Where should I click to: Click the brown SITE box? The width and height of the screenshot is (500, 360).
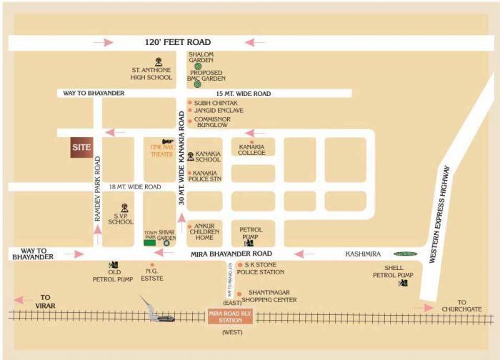point(80,149)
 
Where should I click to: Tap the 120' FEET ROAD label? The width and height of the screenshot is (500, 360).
point(179,43)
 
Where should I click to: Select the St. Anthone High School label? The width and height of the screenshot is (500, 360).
point(151,74)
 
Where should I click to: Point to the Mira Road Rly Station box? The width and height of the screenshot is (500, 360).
point(231,316)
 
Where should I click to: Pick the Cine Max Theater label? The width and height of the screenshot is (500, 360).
point(161,150)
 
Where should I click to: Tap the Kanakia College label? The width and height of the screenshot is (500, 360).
point(251,150)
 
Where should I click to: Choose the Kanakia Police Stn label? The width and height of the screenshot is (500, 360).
point(206,176)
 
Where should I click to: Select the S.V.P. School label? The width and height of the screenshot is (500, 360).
point(121,218)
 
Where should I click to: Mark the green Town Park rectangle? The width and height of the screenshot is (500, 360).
point(150,243)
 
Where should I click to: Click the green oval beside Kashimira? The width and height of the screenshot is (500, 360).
point(406,254)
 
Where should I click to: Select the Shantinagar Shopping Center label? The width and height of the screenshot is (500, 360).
point(271,296)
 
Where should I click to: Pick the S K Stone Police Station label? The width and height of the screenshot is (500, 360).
point(270,268)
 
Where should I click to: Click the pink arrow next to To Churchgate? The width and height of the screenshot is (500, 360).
point(426,308)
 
